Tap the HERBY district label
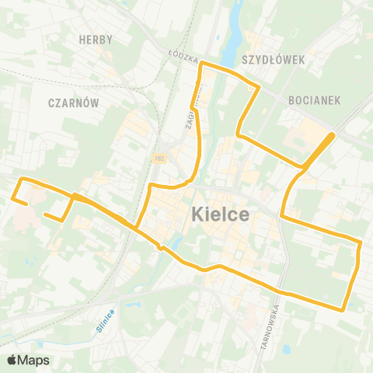click(x=96, y=40)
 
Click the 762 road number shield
click(x=159, y=158)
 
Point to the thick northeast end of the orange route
click(x=332, y=136)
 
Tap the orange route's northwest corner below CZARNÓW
click(x=20, y=180)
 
